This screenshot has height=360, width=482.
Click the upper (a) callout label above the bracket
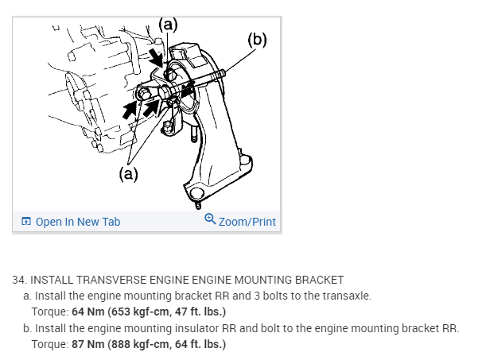(167, 24)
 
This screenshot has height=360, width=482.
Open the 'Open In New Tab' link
(78, 222)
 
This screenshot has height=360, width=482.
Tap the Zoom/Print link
(247, 222)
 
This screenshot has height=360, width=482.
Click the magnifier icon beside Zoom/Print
(210, 219)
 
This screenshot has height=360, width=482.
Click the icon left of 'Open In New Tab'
(26, 222)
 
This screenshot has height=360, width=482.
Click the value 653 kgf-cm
(130, 311)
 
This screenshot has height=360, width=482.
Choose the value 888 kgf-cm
(130, 344)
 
